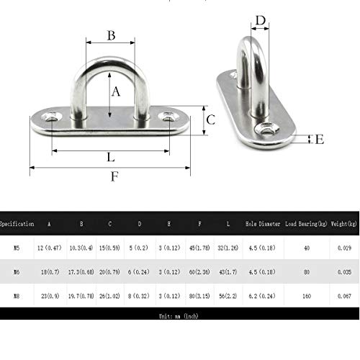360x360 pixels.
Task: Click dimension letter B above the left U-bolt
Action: click(x=112, y=35)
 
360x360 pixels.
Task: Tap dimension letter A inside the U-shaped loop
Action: click(x=116, y=91)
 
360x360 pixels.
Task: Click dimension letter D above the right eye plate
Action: click(x=261, y=20)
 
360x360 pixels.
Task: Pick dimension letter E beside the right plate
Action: click(x=320, y=139)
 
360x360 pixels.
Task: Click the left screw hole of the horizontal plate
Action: click(x=51, y=115)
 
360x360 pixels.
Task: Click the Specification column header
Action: click(x=17, y=225)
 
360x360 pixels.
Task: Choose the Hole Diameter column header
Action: click(x=263, y=225)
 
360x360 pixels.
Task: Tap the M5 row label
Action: click(x=17, y=248)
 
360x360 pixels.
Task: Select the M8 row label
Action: click(x=17, y=294)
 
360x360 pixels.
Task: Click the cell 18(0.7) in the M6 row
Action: click(x=50, y=271)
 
